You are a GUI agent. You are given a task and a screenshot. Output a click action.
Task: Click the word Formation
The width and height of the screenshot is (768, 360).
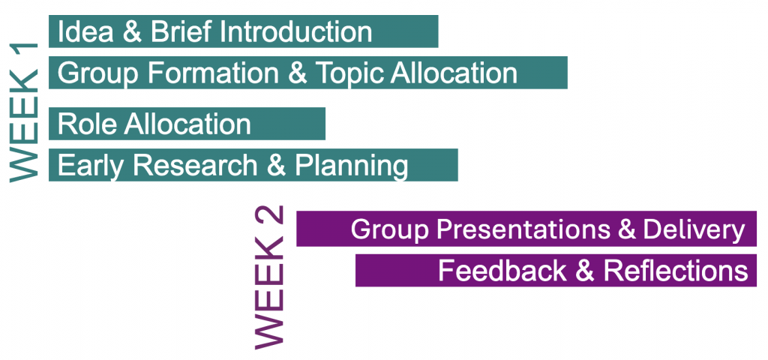click(x=214, y=73)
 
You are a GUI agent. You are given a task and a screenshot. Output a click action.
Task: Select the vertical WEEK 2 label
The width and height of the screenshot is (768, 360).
click(x=269, y=277)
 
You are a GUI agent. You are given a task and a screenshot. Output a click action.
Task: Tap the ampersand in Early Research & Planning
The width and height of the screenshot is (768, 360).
click(x=276, y=166)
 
